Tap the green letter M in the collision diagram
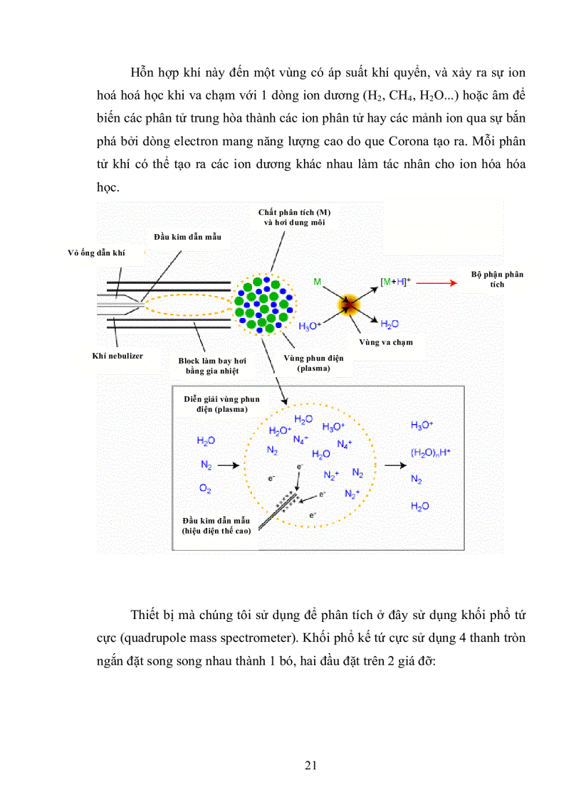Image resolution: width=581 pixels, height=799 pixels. point(317,283)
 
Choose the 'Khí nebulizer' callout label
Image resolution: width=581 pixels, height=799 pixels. point(118,355)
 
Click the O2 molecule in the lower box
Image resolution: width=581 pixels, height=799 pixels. point(205,489)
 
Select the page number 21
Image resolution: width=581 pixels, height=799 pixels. point(310,766)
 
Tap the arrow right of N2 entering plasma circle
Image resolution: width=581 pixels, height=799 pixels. point(229,465)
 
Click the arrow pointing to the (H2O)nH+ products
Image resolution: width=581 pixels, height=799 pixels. point(392,465)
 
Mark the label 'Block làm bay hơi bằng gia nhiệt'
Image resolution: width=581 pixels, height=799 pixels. point(209,366)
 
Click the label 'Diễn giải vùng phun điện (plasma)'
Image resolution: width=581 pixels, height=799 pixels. point(216,404)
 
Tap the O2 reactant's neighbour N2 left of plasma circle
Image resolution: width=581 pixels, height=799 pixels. point(205,465)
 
